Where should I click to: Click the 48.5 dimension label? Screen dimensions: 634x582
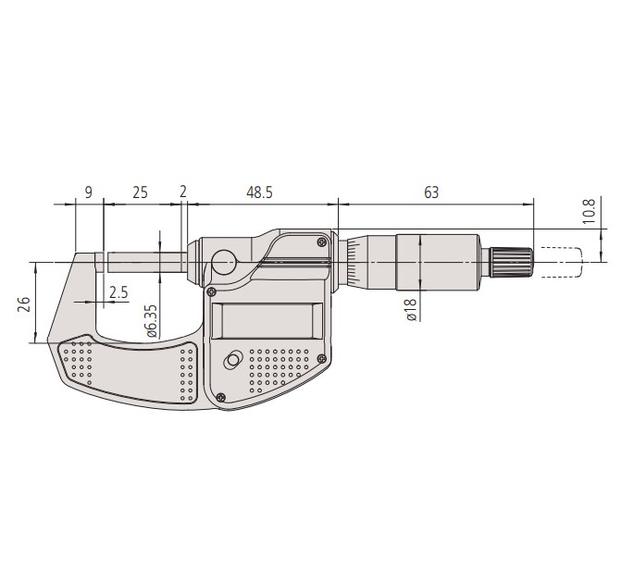pos(259,192)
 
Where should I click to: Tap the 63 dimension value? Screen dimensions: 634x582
pos(431,192)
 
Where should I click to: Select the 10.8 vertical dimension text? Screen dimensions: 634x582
pos(590,211)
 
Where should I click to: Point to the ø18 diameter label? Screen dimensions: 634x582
pos(411,310)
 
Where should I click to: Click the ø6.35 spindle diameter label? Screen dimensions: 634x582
pos(151,320)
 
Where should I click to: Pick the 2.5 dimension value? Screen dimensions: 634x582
pos(118,291)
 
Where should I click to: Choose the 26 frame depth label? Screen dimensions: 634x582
pos(24,303)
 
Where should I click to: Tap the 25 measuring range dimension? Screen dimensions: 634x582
pos(140,192)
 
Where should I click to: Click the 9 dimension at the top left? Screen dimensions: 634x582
pos(89,192)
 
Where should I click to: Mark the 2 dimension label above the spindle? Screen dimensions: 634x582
pos(183,192)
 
